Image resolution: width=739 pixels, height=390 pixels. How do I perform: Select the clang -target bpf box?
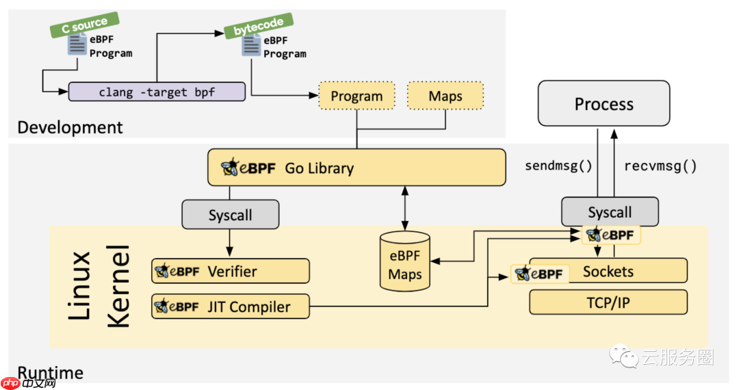pyautogui.click(x=157, y=92)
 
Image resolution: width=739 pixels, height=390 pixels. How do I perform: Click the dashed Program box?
pyautogui.click(x=356, y=96)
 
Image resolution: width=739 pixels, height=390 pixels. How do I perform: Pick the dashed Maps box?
pyautogui.click(x=445, y=96)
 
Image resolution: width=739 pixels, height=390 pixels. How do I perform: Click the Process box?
pyautogui.click(x=604, y=104)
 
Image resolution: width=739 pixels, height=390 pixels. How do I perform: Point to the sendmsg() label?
pyautogui.click(x=558, y=166)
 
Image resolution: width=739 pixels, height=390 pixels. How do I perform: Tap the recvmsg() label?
pyautogui.click(x=660, y=166)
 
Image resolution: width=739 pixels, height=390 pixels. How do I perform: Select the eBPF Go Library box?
pyautogui.click(x=356, y=168)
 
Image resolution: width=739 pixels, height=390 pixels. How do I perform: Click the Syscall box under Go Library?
pyautogui.click(x=230, y=215)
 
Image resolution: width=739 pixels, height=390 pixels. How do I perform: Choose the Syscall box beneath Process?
pyautogui.click(x=609, y=212)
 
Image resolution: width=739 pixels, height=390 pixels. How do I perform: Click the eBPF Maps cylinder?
pyautogui.click(x=405, y=261)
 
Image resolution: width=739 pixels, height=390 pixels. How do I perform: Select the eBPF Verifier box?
pyautogui.click(x=231, y=271)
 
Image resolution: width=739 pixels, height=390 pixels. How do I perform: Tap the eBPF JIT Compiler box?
pyautogui.click(x=231, y=307)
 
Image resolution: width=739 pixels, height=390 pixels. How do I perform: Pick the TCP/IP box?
pyautogui.click(x=608, y=302)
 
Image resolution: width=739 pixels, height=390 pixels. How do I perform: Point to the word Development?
pyautogui.click(x=70, y=127)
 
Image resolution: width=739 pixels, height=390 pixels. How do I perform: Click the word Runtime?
pyautogui.click(x=50, y=372)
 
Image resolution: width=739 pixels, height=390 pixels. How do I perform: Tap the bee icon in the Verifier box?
pyautogui.click(x=162, y=271)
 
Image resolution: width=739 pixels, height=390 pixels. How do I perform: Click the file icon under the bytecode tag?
pyautogui.click(x=251, y=47)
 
